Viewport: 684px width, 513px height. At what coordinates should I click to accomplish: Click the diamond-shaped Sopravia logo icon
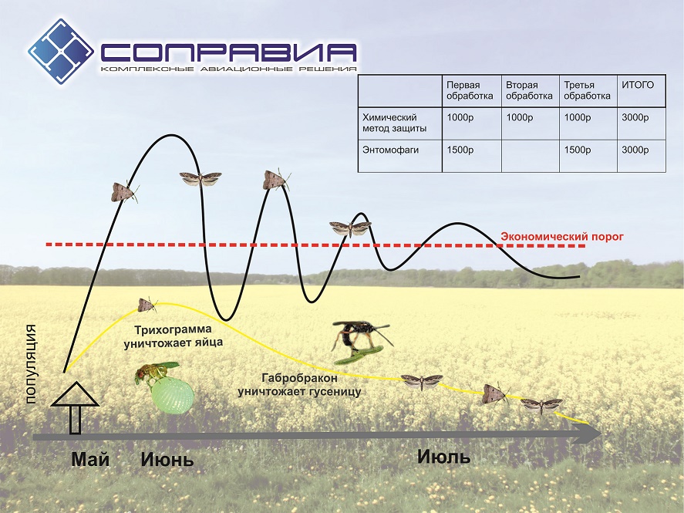(x=61, y=51)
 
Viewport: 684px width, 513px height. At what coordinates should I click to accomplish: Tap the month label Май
(x=90, y=459)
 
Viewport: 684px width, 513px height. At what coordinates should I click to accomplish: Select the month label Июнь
(x=167, y=460)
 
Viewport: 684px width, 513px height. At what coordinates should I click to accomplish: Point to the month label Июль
(x=443, y=457)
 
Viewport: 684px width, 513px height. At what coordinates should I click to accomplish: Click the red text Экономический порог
(x=562, y=236)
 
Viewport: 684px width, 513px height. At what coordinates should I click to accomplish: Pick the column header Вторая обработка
(x=529, y=90)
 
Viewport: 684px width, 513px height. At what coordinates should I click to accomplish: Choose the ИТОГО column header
(x=637, y=85)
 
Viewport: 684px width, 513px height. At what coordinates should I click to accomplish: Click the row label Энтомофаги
(x=390, y=150)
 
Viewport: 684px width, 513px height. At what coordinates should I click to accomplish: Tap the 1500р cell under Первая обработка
(x=460, y=150)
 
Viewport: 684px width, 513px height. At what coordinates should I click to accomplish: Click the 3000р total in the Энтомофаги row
(x=635, y=150)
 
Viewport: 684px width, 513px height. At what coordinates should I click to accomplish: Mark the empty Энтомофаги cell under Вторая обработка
(x=530, y=156)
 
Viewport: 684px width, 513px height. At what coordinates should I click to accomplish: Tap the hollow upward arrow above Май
(x=75, y=408)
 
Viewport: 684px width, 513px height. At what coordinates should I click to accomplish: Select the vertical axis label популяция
(x=31, y=364)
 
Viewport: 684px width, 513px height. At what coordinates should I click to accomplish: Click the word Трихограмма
(x=174, y=329)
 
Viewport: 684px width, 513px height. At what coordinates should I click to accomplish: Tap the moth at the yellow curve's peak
(x=147, y=305)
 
